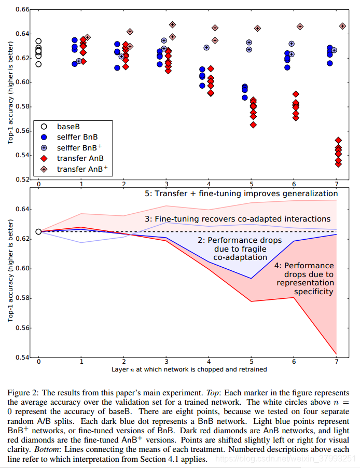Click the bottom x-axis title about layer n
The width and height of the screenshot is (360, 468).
(x=189, y=369)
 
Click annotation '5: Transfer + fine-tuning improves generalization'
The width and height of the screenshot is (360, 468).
(x=241, y=194)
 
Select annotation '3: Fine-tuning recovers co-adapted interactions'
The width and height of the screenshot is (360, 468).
(x=237, y=219)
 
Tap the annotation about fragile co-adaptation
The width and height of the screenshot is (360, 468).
(x=239, y=249)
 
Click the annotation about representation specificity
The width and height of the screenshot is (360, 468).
(x=304, y=278)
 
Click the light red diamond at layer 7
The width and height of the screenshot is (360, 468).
(x=342, y=26)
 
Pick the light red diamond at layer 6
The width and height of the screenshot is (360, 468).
(x=300, y=26)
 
